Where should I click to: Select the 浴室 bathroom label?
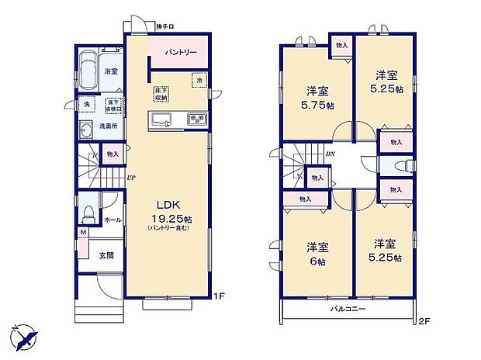tap(111, 71)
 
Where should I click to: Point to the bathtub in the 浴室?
tap(89, 70)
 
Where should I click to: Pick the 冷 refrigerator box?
tap(199, 80)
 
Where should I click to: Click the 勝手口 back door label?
tap(164, 27)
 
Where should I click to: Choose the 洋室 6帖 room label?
tap(317, 254)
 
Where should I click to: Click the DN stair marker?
tap(330, 154)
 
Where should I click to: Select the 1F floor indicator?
tap(220, 296)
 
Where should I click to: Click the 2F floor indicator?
tap(424, 321)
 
